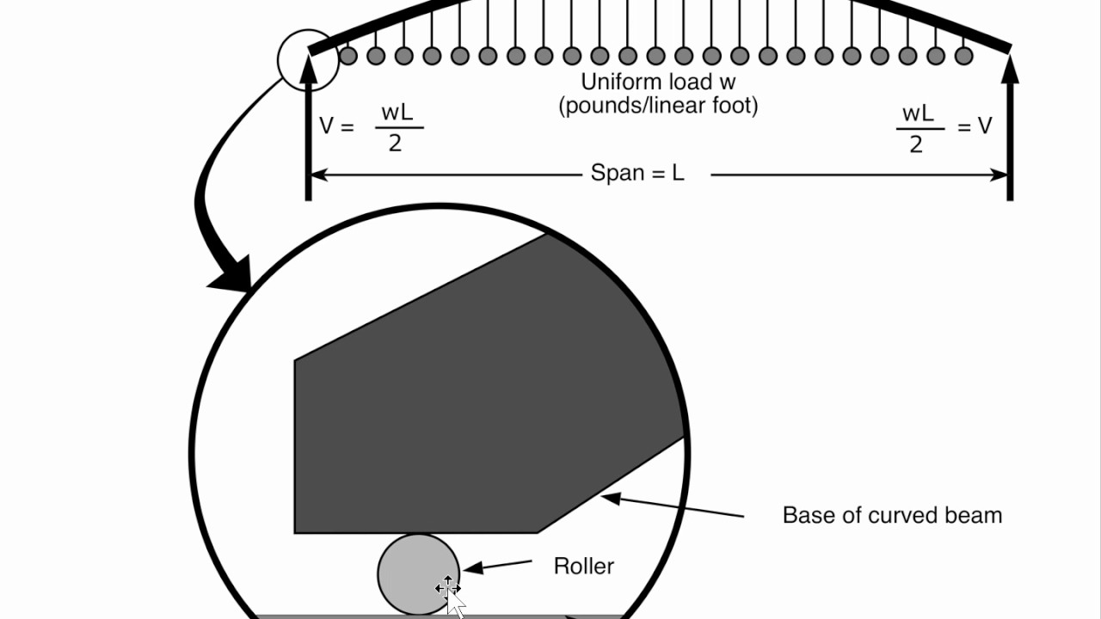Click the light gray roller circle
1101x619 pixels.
click(x=419, y=574)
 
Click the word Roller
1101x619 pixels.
click(x=584, y=566)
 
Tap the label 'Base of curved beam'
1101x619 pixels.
click(x=892, y=515)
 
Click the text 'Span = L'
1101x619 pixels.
click(x=637, y=173)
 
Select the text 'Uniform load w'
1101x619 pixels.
click(x=658, y=82)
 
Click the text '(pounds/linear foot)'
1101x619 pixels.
click(x=659, y=106)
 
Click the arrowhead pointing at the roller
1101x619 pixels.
click(x=473, y=568)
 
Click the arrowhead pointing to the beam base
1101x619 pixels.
click(x=611, y=498)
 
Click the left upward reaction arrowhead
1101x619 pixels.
click(x=308, y=69)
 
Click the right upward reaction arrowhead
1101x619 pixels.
click(x=1010, y=69)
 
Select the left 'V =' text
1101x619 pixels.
click(x=336, y=126)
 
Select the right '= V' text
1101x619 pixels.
click(x=975, y=126)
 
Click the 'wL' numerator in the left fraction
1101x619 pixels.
click(x=397, y=113)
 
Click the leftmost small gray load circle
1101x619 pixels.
click(x=348, y=56)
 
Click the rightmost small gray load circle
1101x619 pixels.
click(x=964, y=56)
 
